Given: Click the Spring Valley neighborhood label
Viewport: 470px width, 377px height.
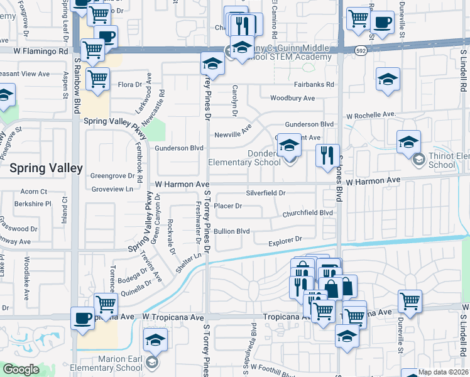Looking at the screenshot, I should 46,168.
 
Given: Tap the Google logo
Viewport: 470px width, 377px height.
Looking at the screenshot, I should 21,369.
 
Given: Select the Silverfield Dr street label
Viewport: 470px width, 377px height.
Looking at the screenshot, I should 266,193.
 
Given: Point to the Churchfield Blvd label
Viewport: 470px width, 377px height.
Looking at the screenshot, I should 307,213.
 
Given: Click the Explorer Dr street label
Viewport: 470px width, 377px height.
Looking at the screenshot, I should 285,241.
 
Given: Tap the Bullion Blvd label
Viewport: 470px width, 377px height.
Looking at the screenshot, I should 232,231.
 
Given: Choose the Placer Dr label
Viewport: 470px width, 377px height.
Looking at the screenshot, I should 228,206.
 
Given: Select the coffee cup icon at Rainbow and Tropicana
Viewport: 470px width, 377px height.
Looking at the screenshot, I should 82,317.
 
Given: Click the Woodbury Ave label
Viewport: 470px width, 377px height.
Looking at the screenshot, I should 292,99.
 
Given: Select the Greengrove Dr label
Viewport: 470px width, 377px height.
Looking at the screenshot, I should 113,176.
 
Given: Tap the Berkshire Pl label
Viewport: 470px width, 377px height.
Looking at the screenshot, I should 33,204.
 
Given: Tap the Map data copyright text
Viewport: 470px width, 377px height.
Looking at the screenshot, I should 444,372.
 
